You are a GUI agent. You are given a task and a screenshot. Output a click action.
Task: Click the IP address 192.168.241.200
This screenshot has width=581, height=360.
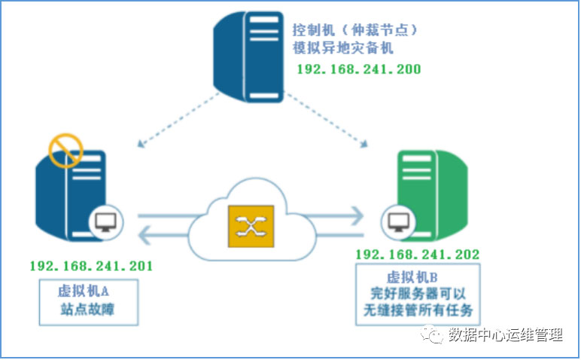click(x=358, y=69)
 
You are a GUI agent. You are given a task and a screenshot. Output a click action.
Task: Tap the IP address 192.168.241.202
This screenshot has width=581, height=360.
click(x=417, y=255)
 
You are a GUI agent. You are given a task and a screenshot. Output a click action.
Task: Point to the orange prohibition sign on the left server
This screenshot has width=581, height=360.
click(x=65, y=151)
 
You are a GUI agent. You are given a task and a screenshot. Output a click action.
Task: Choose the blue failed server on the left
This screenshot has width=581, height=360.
click(x=71, y=197)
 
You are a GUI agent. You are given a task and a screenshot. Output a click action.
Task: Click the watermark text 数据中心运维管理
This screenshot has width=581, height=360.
click(x=505, y=334)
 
